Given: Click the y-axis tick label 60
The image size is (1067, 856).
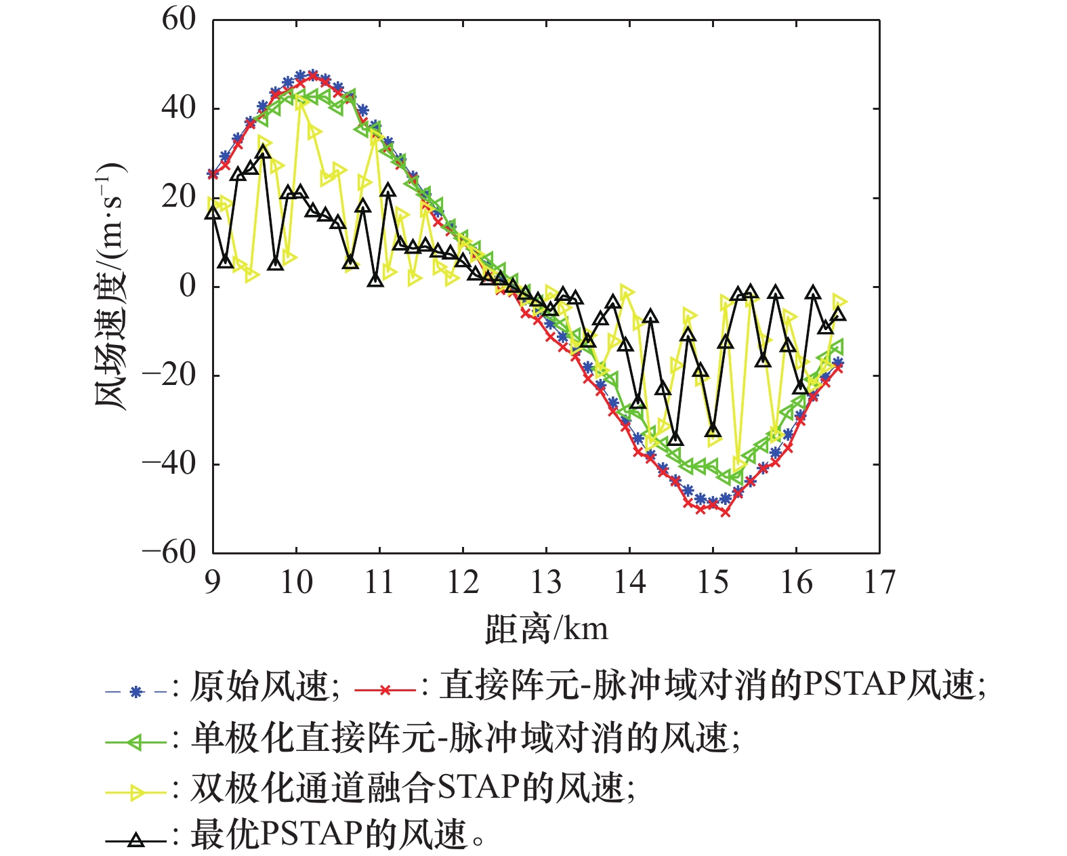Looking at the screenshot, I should (179, 20).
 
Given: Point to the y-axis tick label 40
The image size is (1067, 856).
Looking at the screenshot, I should (179, 108).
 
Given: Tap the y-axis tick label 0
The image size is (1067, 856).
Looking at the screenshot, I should (188, 286).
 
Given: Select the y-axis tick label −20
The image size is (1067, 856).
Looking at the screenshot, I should (169, 375).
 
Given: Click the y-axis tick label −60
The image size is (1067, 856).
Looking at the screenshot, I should (169, 552).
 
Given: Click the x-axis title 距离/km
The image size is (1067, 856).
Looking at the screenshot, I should (546, 629).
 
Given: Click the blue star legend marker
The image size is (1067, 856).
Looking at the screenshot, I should (136, 692).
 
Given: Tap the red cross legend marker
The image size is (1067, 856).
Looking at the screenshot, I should (385, 691).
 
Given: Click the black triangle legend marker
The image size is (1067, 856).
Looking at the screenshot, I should (136, 840).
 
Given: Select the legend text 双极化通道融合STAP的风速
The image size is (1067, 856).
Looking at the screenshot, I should (406, 787).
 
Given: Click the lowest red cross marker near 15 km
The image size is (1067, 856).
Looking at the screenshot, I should (726, 512).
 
